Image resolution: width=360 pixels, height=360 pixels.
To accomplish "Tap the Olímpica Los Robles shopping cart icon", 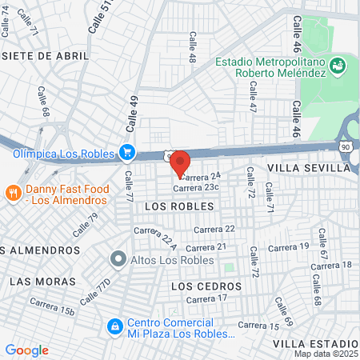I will click(126, 151).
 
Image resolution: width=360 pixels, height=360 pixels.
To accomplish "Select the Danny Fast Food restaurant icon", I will click(13, 193).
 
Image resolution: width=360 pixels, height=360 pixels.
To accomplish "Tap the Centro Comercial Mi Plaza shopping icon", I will click(114, 326).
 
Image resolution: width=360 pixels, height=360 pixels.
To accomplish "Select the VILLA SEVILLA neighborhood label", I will click(309, 169).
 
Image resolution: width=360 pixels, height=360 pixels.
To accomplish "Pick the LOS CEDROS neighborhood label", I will click(206, 286).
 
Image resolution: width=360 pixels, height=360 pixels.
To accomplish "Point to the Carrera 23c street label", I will click(196, 187).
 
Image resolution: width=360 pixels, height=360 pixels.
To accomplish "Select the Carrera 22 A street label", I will click(154, 238).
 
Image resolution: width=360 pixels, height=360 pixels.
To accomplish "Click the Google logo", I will click(26, 350).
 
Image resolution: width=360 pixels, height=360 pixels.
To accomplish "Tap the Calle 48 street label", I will click(192, 46).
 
